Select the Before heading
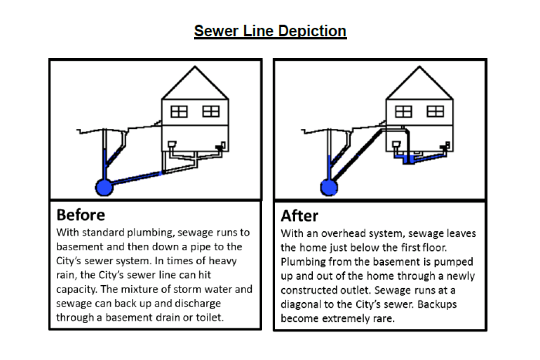click(80, 215)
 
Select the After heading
click(299, 216)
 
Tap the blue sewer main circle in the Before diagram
click(104, 187)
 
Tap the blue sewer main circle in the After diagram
click(329, 187)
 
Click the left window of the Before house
click(179, 111)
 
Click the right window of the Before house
click(211, 111)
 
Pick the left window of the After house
click(403, 111)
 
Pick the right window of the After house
click(435, 111)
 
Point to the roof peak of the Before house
click(195, 66)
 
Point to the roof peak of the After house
click(419, 66)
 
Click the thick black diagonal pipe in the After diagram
click(358, 155)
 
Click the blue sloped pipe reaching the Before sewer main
click(137, 178)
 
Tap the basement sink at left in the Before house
click(172, 144)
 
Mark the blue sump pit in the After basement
click(409, 160)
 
